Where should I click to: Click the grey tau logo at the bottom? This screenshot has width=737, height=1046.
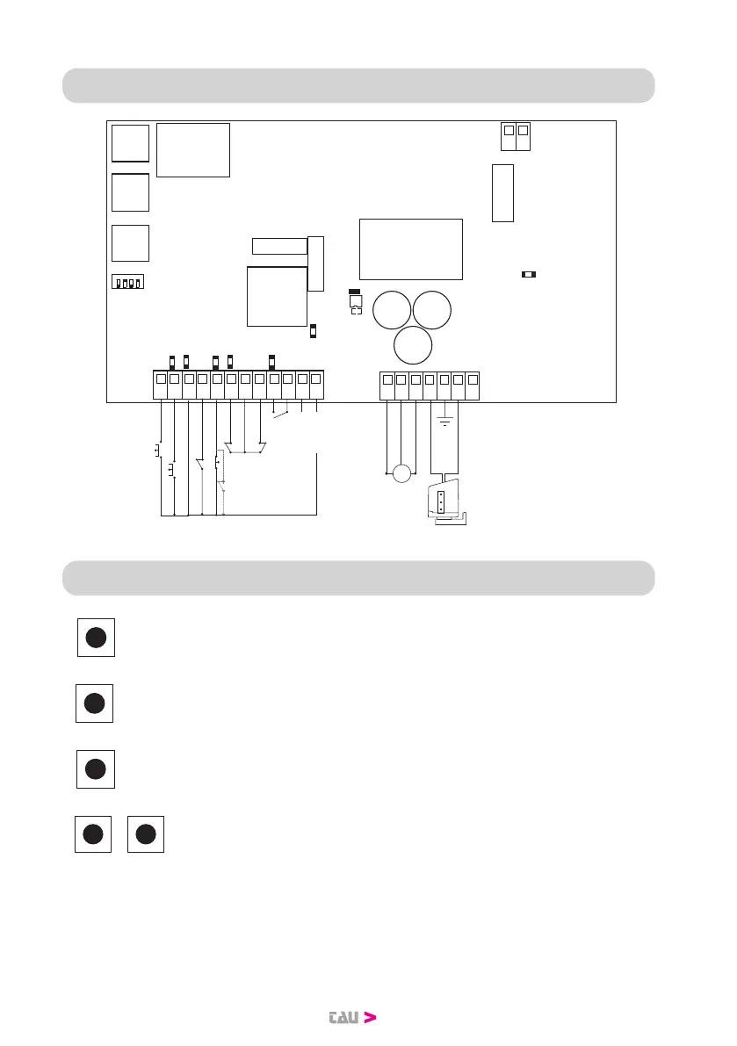[x=341, y=1018]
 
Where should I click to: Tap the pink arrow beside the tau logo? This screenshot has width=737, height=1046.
[x=370, y=1018]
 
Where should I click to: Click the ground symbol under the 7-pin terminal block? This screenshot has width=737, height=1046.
[x=444, y=423]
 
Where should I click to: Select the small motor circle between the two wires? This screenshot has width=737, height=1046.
[x=401, y=473]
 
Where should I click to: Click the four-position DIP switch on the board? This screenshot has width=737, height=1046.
[x=128, y=283]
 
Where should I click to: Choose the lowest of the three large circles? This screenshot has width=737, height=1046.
[x=412, y=345]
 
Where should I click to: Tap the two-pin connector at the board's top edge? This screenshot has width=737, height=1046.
[x=516, y=136]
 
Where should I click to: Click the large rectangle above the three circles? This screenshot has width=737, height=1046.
[x=410, y=249]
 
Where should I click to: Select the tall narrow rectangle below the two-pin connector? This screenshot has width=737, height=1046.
[x=502, y=192]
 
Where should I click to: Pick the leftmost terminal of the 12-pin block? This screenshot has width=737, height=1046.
[x=160, y=379]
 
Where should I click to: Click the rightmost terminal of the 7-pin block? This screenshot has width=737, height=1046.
[x=473, y=379]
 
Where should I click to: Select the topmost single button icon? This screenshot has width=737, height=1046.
[x=97, y=638]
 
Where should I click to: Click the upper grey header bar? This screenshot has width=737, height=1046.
[x=358, y=85]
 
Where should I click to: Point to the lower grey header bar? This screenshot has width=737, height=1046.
[x=358, y=578]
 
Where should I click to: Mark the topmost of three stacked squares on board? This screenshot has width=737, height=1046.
[x=130, y=143]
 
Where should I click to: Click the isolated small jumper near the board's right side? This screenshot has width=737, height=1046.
[x=529, y=275]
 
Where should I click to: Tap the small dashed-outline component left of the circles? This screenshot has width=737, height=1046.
[x=356, y=308]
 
